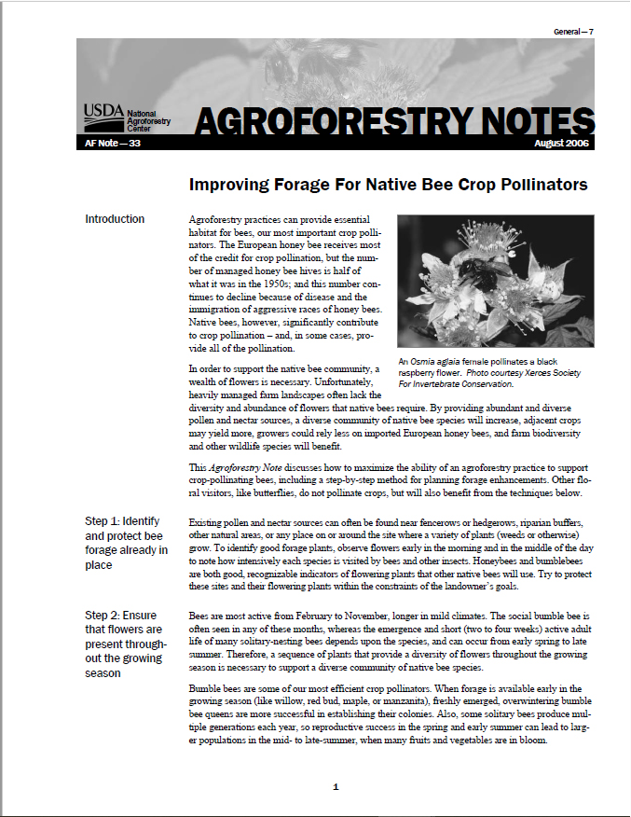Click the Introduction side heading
pyautogui.click(x=115, y=219)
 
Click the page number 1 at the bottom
pyautogui.click(x=336, y=787)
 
